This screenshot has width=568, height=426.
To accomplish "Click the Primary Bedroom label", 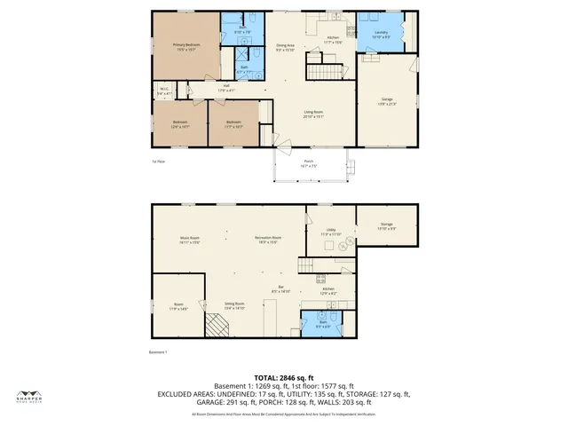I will tap(186, 46).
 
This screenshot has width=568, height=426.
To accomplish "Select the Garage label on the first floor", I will tap(386, 102).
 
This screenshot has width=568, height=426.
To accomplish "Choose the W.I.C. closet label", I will tap(164, 90).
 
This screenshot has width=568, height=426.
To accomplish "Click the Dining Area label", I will tap(285, 46).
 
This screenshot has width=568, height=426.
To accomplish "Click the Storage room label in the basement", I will tap(386, 226).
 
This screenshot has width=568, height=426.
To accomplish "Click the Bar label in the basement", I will tap(282, 289).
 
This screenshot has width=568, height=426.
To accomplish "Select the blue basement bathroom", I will tap(327, 325).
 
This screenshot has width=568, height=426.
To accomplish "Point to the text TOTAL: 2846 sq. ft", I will tap(284, 377).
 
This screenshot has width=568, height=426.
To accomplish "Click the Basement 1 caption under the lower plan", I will tap(159, 352).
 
